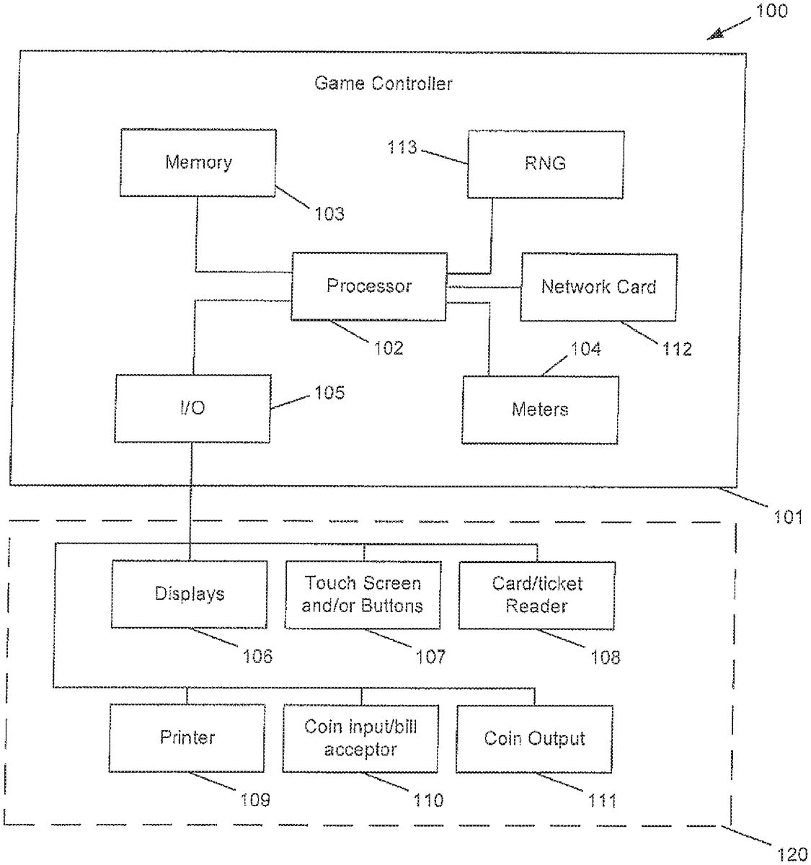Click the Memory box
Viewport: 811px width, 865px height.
tap(198, 163)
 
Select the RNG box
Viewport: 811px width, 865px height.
tap(545, 164)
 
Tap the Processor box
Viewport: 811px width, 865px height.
tap(368, 286)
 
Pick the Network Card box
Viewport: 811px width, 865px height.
tap(598, 287)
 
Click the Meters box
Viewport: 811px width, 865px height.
tap(540, 409)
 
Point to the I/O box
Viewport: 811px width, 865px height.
tap(192, 408)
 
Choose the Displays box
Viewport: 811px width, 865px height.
tap(190, 594)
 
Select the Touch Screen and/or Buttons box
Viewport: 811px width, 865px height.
tap(363, 595)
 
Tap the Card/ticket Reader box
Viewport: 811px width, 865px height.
tap(537, 595)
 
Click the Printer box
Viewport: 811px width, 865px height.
tap(187, 737)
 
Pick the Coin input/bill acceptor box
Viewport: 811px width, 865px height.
tap(360, 738)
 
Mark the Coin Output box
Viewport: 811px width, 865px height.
tap(534, 739)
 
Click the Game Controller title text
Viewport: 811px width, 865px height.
tap(383, 84)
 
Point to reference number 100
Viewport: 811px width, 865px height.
tap(771, 12)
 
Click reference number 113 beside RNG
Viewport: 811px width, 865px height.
tap(402, 147)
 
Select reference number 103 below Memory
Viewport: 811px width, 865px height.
tap(329, 213)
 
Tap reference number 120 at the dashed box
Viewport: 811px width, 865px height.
tap(792, 854)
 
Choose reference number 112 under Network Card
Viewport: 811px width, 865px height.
tap(677, 349)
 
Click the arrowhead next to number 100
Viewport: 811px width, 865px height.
tap(715, 33)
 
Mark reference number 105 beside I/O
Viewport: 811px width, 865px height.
tap(329, 393)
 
